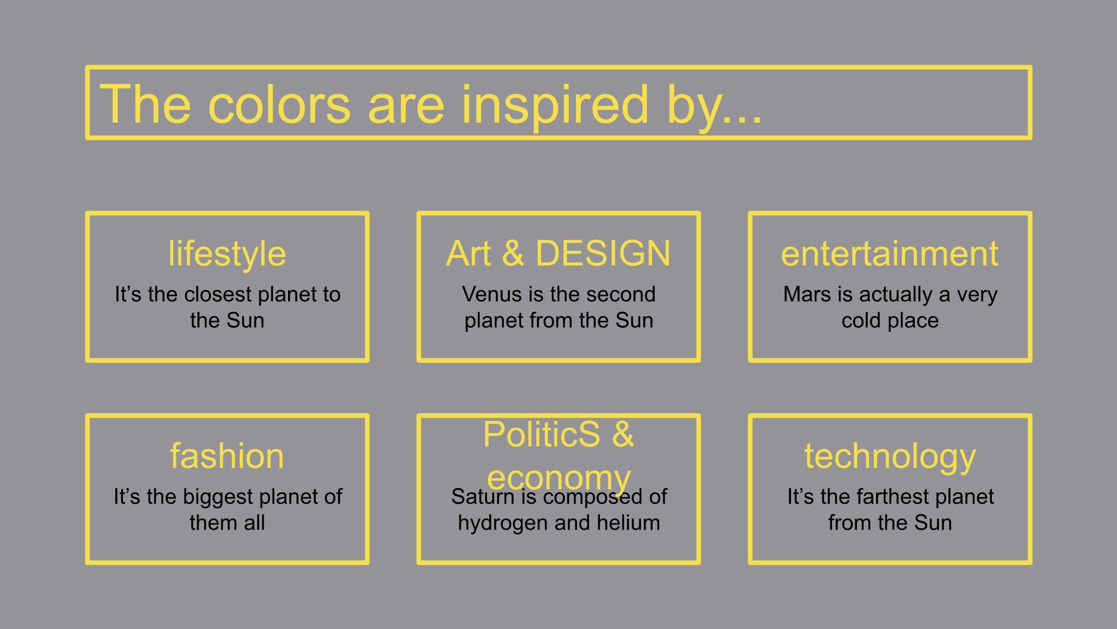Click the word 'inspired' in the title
[554, 106]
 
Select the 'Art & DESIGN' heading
[558, 254]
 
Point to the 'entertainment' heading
[889, 254]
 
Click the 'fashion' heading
[227, 456]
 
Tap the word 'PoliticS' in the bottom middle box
[541, 434]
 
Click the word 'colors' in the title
[279, 106]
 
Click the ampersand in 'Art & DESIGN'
[513, 254]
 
